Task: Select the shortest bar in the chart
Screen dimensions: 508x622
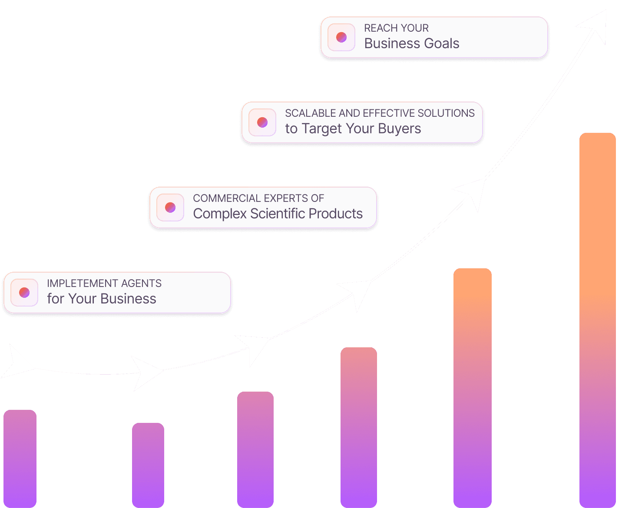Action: pyautogui.click(x=148, y=465)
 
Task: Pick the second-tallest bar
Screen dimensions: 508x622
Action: pyautogui.click(x=472, y=386)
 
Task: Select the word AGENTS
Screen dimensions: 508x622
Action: pyautogui.click(x=141, y=284)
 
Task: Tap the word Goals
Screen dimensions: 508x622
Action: pyautogui.click(x=438, y=43)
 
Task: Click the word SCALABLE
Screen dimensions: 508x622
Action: pyautogui.click(x=310, y=113)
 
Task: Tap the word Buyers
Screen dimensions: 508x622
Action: pyautogui.click(x=399, y=129)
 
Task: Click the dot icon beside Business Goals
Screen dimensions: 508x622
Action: pyautogui.click(x=341, y=37)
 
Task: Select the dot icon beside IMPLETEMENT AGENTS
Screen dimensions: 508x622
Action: pyautogui.click(x=24, y=293)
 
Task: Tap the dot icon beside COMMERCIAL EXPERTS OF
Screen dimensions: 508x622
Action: pyautogui.click(x=170, y=208)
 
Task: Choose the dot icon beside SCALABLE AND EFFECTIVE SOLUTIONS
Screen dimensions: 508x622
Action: pyautogui.click(x=262, y=122)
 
